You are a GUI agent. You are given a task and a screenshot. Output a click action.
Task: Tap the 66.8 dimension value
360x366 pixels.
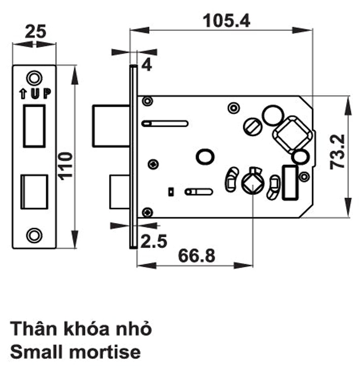[196, 255]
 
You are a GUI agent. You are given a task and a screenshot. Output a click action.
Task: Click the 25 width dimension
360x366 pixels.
[35, 31]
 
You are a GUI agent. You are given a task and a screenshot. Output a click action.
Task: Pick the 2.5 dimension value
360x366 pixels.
[153, 241]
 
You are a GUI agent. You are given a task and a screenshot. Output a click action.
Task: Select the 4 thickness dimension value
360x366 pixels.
[146, 65]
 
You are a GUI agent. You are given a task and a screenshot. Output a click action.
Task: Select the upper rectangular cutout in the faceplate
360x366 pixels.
[34, 125]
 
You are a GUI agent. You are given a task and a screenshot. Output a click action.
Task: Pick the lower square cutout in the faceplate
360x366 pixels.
[34, 192]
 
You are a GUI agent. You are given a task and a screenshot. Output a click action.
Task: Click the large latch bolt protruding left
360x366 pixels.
[111, 126]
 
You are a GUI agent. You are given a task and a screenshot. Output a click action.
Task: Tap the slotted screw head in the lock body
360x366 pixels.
[252, 125]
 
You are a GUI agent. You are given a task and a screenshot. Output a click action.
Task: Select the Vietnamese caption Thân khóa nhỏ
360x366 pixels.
[81, 328]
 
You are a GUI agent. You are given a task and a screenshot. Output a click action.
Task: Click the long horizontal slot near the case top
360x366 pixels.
[165, 123]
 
